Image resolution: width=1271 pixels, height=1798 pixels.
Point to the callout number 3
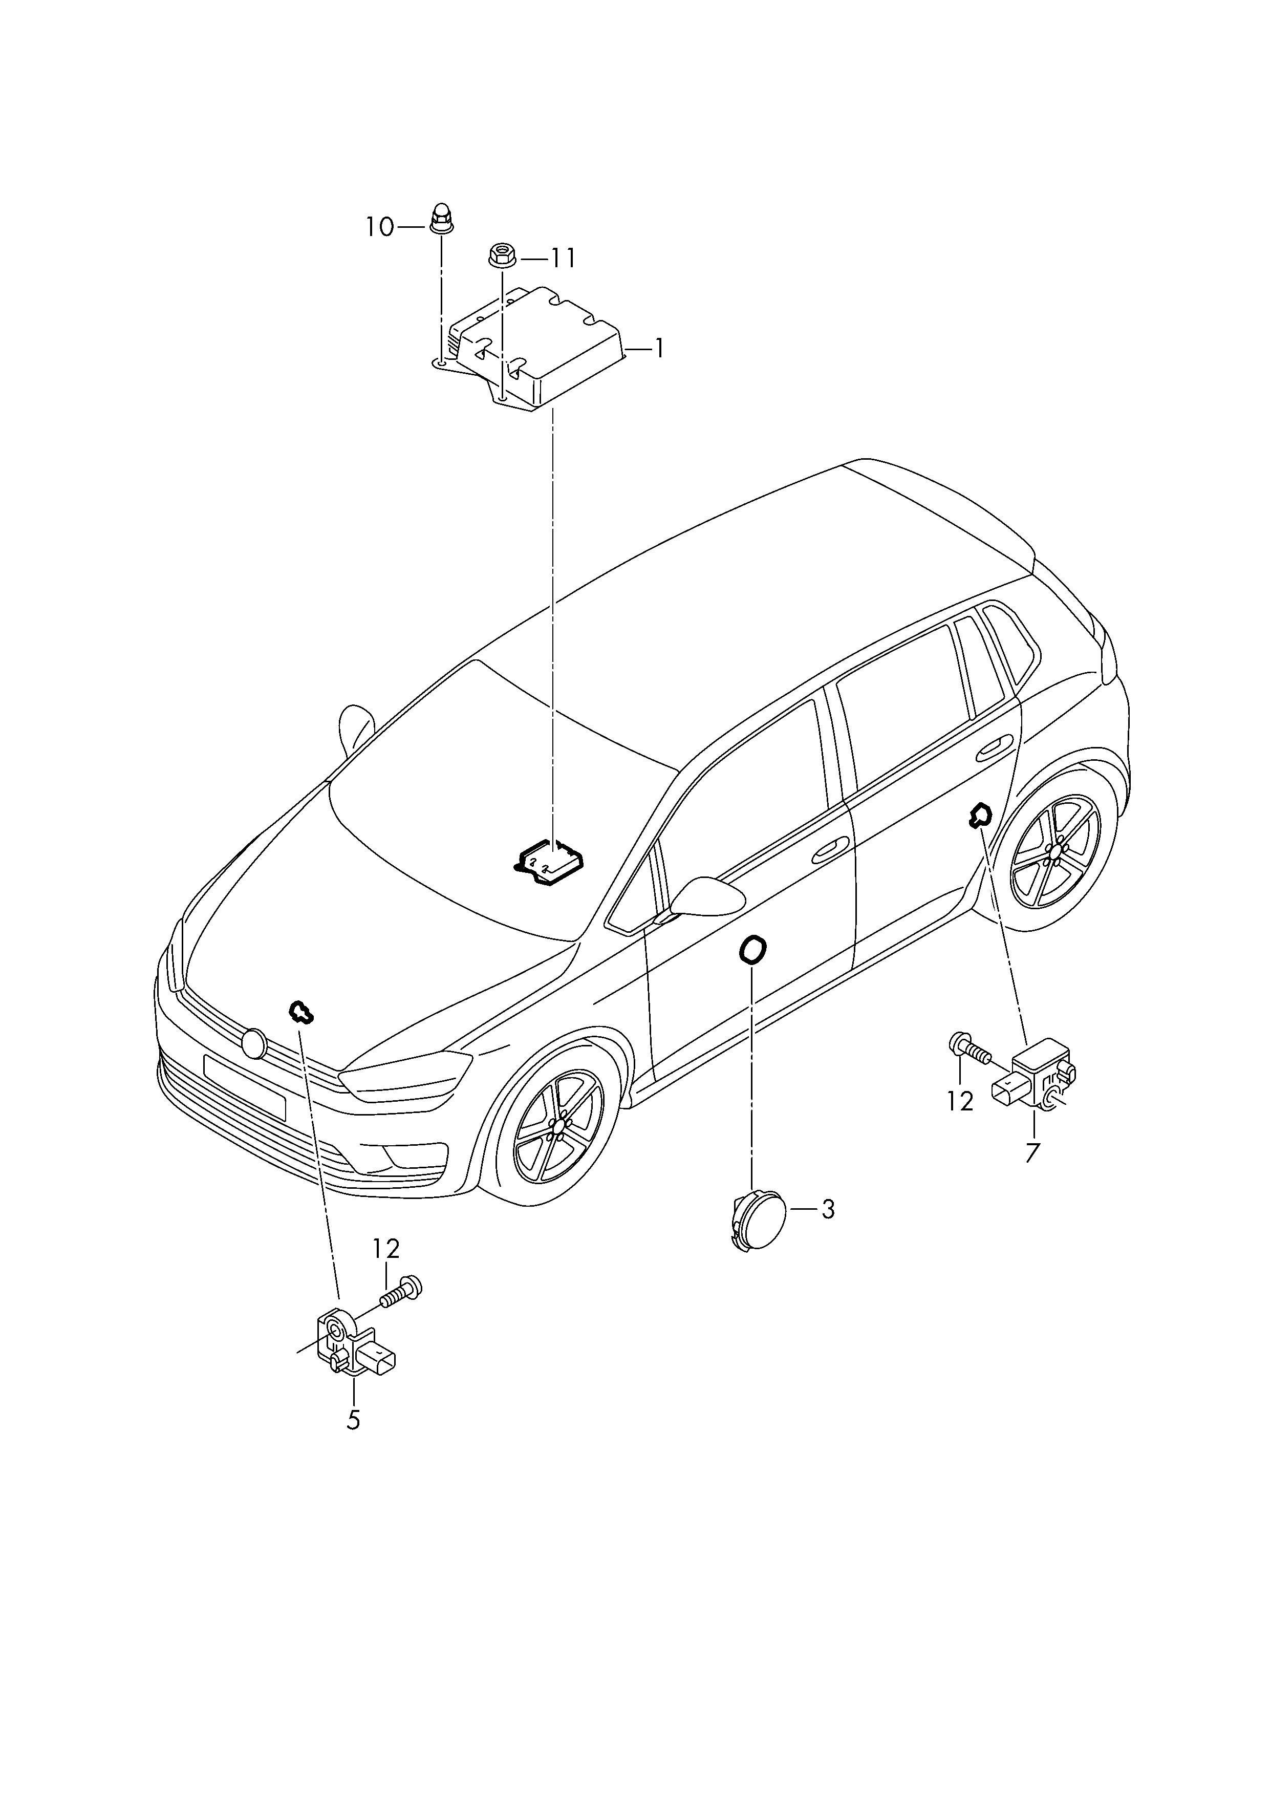tap(828, 1210)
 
